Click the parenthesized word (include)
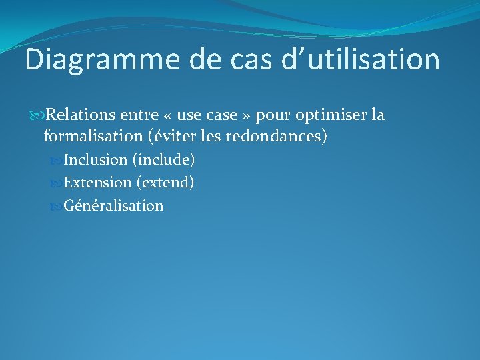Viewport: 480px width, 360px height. [163, 160]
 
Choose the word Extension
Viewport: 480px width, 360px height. [97, 182]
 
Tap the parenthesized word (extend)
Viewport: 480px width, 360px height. [165, 182]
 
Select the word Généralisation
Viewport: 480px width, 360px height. [113, 205]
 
